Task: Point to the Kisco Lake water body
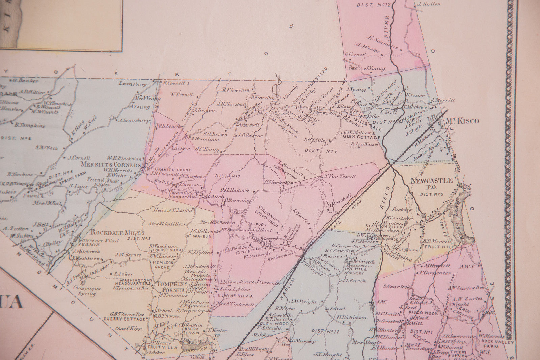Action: tap(459, 219)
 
